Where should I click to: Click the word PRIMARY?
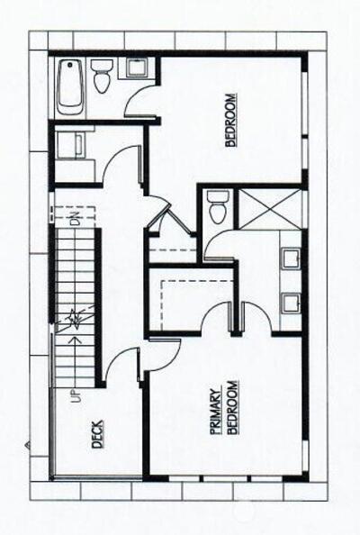[215, 413]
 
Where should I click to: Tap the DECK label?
[97, 434]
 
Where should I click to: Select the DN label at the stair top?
[76, 218]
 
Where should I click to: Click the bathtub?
[70, 87]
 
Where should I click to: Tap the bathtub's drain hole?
[70, 65]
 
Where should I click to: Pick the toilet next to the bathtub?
[102, 76]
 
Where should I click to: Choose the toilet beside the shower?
[218, 207]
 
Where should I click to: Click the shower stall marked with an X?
[269, 209]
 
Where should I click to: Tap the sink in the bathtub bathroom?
[137, 68]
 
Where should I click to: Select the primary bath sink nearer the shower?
[291, 258]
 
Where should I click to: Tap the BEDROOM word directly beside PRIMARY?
[232, 407]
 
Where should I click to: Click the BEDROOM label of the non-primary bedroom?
[230, 120]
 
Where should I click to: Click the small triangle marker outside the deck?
[28, 445]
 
